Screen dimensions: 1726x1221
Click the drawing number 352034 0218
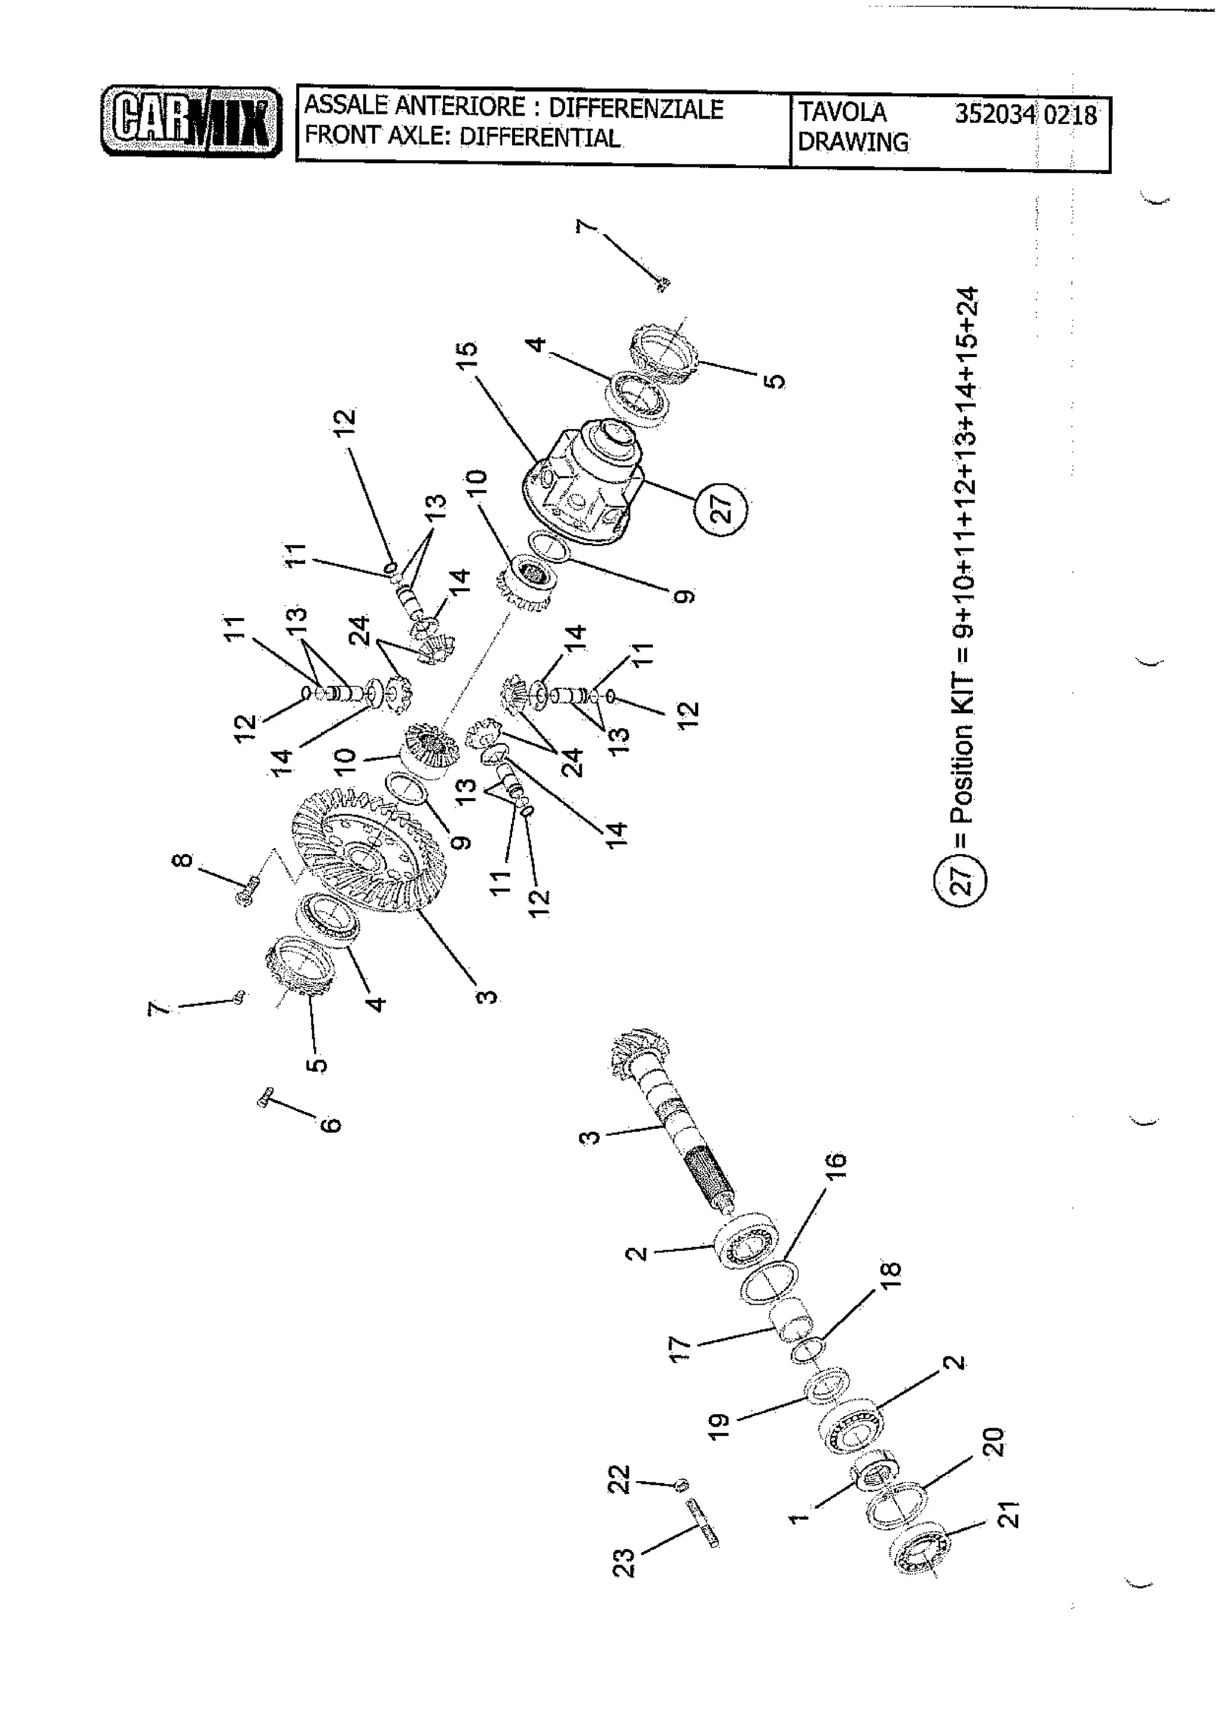[x=1025, y=114]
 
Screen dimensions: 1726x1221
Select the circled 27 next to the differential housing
[x=720, y=509]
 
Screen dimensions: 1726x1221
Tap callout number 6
[x=330, y=1125]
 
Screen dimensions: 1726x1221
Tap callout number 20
[x=993, y=1442]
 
